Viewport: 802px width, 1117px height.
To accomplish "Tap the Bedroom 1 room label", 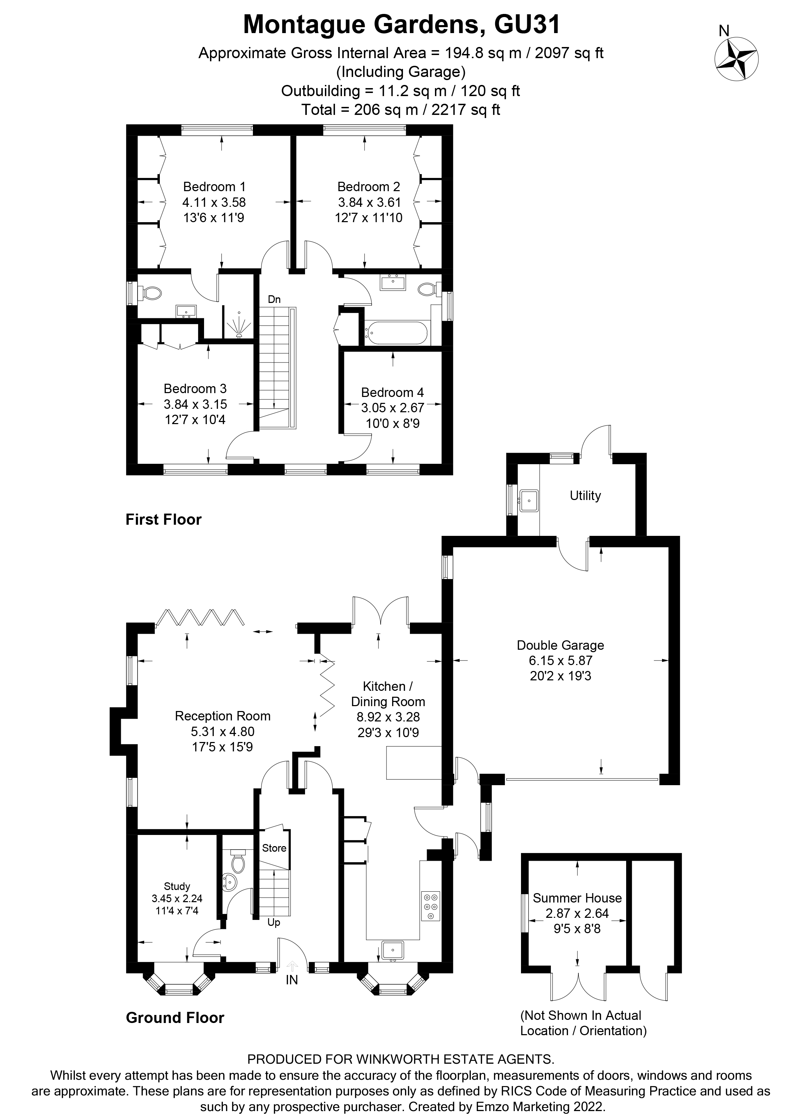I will [x=214, y=187].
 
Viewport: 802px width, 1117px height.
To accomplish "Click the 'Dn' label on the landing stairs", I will [x=274, y=299].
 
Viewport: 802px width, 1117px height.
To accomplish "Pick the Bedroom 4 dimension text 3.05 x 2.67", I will [x=392, y=408].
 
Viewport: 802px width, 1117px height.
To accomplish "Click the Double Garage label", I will [x=560, y=645].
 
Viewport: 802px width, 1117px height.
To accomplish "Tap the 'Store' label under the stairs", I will [x=274, y=847].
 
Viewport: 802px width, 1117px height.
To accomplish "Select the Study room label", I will [x=177, y=886].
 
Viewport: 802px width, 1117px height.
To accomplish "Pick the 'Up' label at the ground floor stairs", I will [x=274, y=922].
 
